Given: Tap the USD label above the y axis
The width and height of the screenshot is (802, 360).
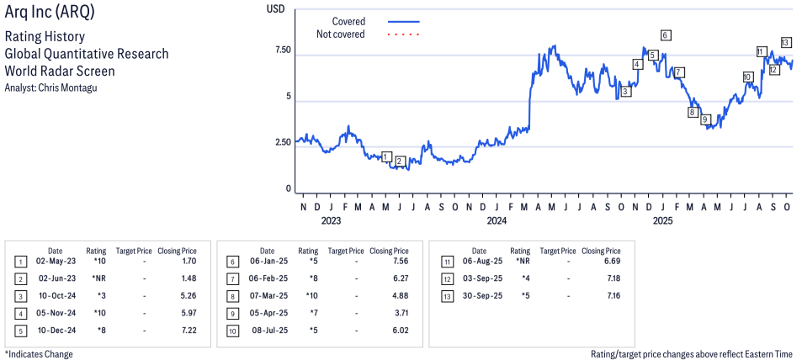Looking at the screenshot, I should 275,8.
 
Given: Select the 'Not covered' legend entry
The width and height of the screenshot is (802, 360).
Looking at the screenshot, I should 340,34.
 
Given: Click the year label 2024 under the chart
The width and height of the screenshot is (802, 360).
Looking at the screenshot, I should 497,221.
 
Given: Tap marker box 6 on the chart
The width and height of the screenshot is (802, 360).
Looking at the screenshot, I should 666,35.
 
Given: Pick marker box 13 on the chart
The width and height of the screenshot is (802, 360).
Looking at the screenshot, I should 785,42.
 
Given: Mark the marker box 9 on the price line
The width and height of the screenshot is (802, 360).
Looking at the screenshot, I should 706,119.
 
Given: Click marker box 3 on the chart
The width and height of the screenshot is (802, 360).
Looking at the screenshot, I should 625,91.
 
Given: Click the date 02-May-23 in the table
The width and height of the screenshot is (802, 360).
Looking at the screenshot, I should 55,262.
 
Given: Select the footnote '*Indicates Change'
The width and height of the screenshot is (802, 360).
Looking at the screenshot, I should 39,354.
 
